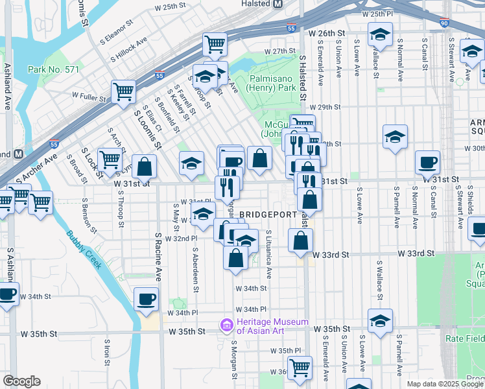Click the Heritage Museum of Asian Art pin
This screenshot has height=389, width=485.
pyautogui.click(x=226, y=324)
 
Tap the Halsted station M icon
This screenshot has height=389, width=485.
pyautogui.click(x=278, y=4)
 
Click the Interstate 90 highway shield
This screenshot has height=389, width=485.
pyautogui.click(x=444, y=23)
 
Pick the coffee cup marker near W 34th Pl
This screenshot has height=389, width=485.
pyautogui.click(x=145, y=299)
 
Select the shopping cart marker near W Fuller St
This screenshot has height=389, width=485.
pyautogui.click(x=123, y=91)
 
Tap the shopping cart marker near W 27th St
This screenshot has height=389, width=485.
pyautogui.click(x=215, y=44)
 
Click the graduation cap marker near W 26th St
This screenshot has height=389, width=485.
pyautogui.click(x=380, y=34)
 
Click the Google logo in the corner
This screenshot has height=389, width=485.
pyautogui.click(x=22, y=381)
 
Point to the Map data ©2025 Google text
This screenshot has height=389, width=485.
pyautogui.click(x=445, y=384)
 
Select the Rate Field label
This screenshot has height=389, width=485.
pyautogui.click(x=464, y=338)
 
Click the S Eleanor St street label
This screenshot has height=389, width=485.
pyautogui.click(x=117, y=31)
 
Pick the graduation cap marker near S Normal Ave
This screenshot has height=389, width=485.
pyautogui.click(x=395, y=137)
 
